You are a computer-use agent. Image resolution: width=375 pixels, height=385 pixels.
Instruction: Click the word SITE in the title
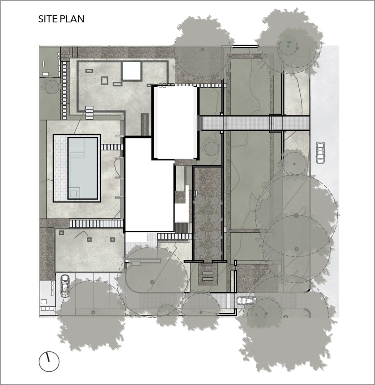coord(47,19)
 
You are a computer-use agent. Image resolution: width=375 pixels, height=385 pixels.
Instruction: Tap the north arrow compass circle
coord(49,361)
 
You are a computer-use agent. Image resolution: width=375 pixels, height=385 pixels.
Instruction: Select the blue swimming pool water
coord(82,168)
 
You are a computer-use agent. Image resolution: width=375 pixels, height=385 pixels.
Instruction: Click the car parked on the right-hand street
coord(320,153)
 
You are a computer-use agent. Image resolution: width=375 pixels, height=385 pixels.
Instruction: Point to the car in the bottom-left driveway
coord(65,286)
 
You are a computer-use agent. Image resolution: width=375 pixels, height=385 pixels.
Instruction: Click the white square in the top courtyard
coord(132,71)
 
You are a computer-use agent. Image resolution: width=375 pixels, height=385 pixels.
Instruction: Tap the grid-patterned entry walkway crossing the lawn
coord(255,123)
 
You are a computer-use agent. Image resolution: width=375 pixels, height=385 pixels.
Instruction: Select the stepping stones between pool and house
coord(112,147)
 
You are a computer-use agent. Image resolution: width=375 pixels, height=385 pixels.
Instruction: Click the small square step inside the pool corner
coord(73,194)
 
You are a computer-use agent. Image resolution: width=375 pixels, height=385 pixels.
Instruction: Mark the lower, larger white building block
coord(149,185)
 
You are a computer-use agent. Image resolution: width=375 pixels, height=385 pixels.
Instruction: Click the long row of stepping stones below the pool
coord(96,224)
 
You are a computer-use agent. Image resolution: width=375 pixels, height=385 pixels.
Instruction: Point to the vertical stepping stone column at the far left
coord(64,90)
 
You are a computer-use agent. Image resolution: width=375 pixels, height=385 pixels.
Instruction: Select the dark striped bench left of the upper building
coord(145,124)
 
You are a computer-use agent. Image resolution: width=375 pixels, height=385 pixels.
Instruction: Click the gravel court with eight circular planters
coord(208,213)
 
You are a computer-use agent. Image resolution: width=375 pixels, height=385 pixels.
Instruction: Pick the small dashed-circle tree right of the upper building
coord(212,148)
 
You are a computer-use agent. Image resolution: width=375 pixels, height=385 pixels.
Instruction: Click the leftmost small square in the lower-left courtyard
coord(61,232)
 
